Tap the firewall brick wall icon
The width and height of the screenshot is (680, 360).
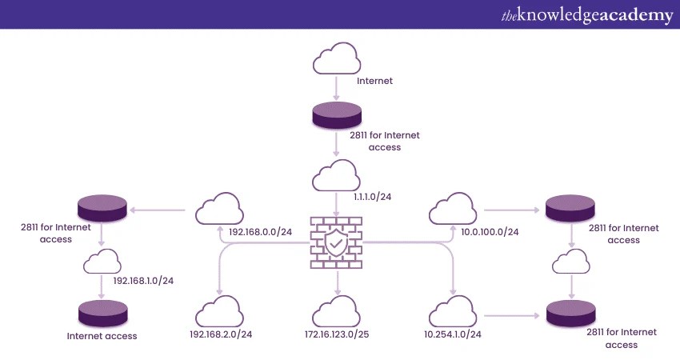(x=337, y=243)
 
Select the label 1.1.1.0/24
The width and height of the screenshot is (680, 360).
(x=371, y=195)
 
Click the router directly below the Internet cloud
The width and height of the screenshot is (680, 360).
(x=337, y=115)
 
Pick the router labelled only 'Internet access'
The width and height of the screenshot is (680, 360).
(x=102, y=311)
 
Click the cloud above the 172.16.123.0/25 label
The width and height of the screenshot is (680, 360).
(x=337, y=310)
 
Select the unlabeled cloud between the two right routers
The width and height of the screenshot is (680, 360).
(x=571, y=262)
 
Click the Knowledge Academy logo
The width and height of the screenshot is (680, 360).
(x=587, y=15)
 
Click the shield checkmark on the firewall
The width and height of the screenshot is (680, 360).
(x=337, y=242)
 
